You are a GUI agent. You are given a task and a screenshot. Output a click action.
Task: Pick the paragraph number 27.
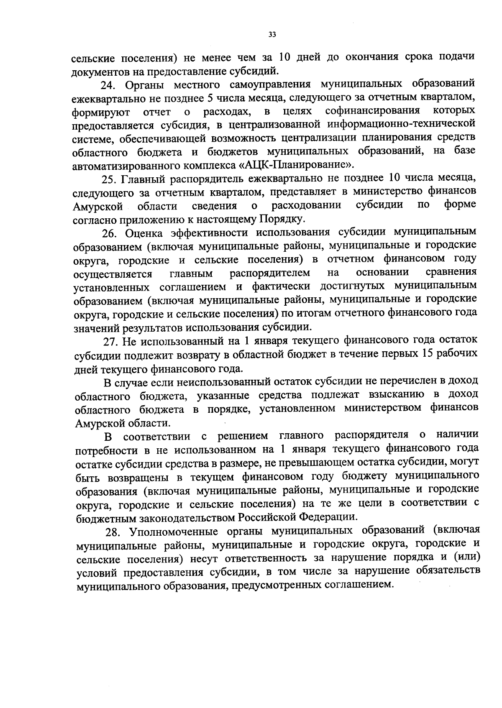coord(110,341)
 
